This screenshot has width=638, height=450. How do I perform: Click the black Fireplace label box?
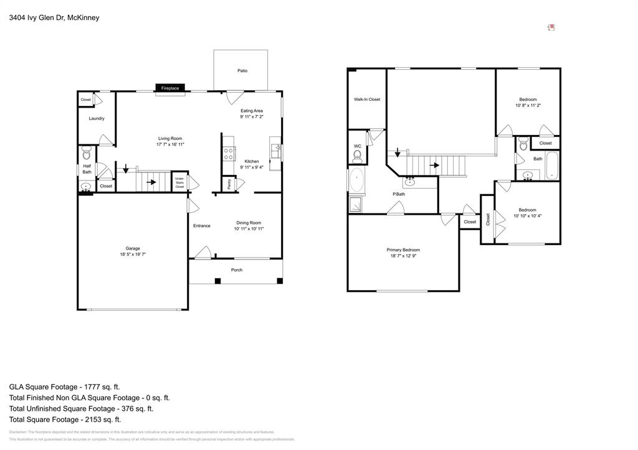tap(170, 88)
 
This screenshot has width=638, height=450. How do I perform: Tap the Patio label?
tap(242, 71)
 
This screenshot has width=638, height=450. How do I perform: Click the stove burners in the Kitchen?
tap(229, 154)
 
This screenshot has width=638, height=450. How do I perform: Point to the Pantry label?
tap(229, 184)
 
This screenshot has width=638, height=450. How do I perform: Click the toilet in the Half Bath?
tap(87, 153)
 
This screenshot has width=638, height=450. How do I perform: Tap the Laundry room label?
tap(97, 118)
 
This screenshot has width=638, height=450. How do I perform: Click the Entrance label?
tap(201, 226)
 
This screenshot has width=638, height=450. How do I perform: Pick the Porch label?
tap(237, 270)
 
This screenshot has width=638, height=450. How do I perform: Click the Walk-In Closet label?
tap(367, 100)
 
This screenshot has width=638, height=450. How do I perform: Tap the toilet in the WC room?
tap(358, 155)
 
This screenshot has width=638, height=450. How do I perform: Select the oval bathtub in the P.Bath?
tap(357, 180)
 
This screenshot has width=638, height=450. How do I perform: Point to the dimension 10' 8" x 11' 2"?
tap(528, 106)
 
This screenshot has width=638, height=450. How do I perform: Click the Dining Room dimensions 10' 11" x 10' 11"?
tap(249, 229)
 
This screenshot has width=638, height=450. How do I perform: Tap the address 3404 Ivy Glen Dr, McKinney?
tap(54, 18)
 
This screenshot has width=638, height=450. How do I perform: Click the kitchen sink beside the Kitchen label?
tap(275, 151)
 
